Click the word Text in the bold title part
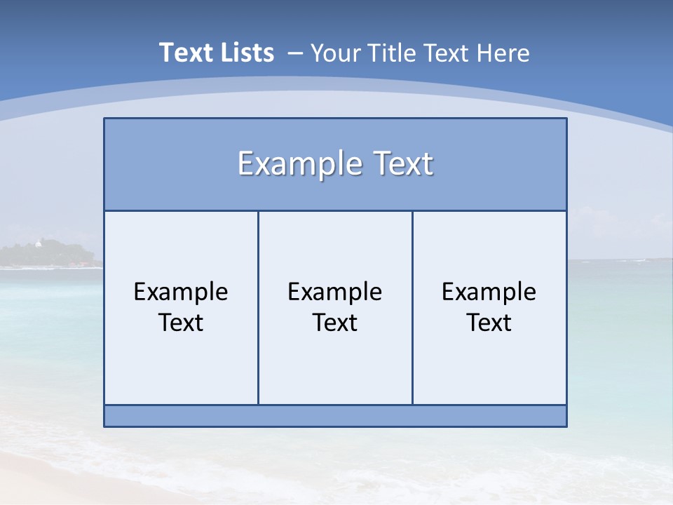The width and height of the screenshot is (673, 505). click(x=184, y=53)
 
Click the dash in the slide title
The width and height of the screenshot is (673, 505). click(x=295, y=54)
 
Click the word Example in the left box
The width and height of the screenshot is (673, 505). click(x=181, y=292)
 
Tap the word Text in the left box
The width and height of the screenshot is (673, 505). click(x=181, y=323)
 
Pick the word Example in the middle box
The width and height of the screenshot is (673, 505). click(x=335, y=292)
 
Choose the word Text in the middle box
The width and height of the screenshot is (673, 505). click(x=335, y=323)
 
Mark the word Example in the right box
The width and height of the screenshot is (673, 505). click(x=489, y=292)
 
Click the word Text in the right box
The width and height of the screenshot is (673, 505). click(x=489, y=323)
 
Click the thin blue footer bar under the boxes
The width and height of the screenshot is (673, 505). click(x=335, y=416)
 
